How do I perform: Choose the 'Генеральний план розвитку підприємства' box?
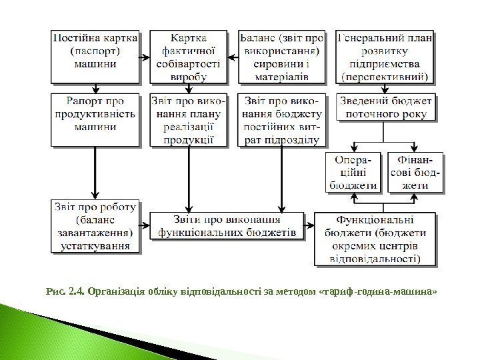tap(385, 55)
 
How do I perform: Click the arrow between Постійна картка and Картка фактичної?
tap(144, 58)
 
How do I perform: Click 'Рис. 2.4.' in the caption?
tap(63, 291)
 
